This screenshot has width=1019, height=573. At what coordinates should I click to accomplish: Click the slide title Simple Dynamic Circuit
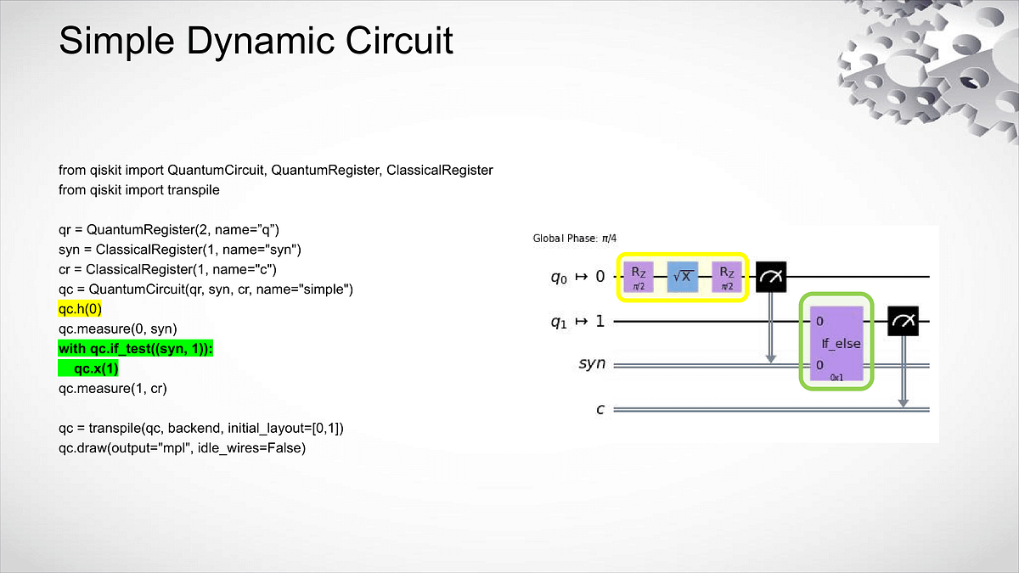pos(256,40)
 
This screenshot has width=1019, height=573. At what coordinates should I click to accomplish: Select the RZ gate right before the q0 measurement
pos(727,276)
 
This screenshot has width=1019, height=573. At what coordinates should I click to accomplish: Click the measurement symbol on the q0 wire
pos(771,276)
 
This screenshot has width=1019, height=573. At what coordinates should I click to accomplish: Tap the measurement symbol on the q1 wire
pos(904,321)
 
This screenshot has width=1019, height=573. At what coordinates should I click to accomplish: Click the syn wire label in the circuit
pos(592,363)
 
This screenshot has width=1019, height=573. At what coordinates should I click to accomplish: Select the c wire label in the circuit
pos(600,409)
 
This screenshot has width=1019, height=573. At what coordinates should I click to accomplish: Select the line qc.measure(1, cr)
pos(112,389)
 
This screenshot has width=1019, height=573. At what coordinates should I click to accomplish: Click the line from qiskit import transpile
pos(139,190)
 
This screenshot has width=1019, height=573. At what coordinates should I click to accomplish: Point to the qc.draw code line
pos(182,448)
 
